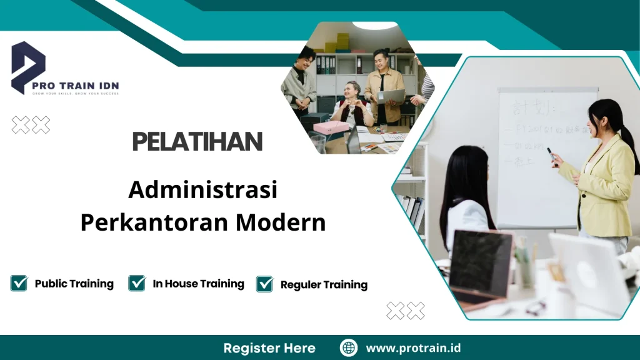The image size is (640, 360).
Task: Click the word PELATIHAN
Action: (x=197, y=142)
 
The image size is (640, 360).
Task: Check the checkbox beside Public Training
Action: (x=19, y=284)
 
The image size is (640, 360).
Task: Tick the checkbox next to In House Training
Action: (x=137, y=284)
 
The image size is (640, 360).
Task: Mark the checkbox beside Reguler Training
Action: (x=265, y=284)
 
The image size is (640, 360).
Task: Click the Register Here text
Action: (x=269, y=348)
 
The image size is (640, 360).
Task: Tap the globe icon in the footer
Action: (x=348, y=348)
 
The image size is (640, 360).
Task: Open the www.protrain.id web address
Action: (x=413, y=348)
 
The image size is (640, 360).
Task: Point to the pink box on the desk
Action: (x=331, y=127)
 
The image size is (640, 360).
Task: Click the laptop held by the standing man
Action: (x=391, y=96)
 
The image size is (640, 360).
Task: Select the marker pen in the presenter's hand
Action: (x=551, y=154)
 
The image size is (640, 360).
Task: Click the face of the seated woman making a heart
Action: (x=353, y=90)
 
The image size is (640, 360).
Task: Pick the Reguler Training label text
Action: (x=324, y=285)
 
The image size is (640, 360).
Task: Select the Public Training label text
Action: (x=74, y=284)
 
